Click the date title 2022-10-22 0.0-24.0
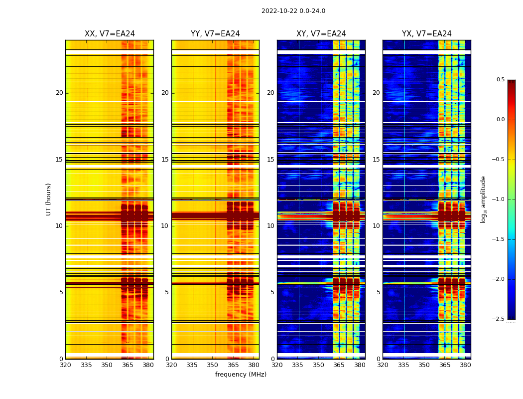click(293, 11)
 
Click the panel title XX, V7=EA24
click(110, 34)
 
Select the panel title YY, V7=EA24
click(215, 34)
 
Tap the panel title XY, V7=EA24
click(321, 34)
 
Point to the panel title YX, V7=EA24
click(427, 34)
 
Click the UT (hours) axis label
click(49, 199)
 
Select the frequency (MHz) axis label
click(241, 375)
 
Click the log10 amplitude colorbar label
click(483, 199)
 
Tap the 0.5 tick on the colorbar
click(500, 80)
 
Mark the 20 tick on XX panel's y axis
click(59, 93)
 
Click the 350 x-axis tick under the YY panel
click(213, 365)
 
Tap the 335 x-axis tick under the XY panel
click(298, 365)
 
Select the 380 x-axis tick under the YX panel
click(465, 365)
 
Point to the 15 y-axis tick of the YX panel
click(377, 160)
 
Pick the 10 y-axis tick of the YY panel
click(165, 226)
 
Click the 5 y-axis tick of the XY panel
click(272, 292)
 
